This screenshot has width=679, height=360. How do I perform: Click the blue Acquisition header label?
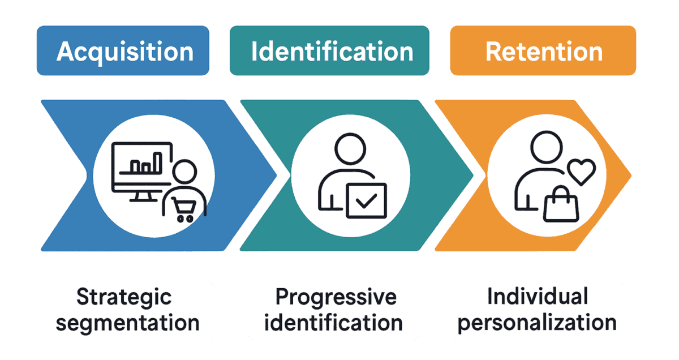125,52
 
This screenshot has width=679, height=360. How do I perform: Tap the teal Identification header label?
332,52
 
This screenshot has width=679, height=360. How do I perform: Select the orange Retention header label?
544,52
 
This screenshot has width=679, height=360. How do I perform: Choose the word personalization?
537,323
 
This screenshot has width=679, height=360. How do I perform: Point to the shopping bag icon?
561,205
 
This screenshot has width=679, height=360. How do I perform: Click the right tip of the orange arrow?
630,173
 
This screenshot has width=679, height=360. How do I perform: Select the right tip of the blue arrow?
277,175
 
